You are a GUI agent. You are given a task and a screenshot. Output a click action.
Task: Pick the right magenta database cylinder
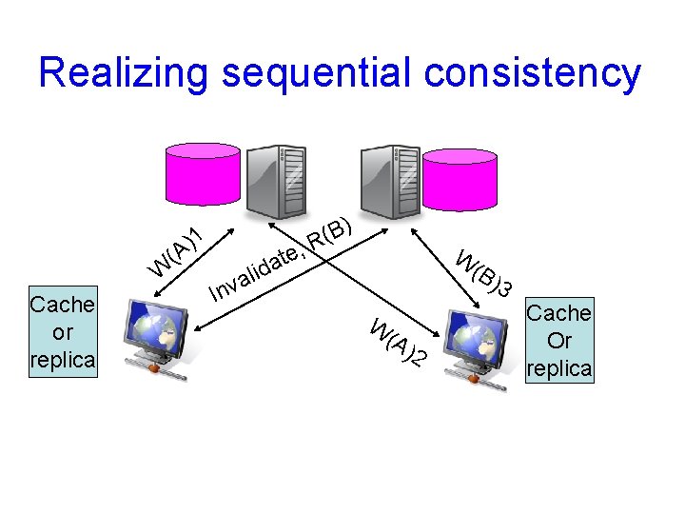point(460,178)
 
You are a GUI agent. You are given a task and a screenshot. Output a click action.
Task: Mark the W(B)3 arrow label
point(484,272)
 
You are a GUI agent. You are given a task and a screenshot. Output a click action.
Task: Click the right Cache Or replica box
point(558,341)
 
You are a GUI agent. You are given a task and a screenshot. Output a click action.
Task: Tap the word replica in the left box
point(63,361)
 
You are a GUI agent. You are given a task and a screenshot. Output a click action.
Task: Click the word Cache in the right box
point(558,313)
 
